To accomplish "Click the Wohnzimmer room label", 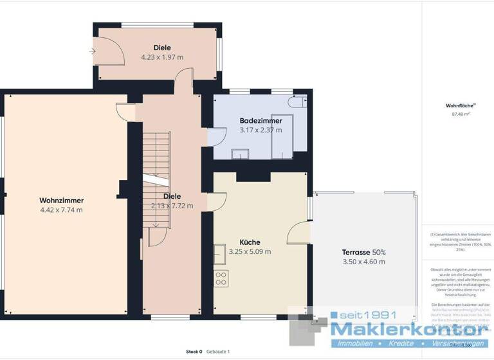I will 61,200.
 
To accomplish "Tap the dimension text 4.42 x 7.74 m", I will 61,210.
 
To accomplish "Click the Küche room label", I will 250,242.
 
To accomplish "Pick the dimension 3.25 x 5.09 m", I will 250,252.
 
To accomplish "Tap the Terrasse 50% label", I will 364,252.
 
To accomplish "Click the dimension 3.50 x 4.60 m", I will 364,262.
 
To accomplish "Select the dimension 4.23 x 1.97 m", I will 162,57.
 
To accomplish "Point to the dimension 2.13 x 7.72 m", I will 172,206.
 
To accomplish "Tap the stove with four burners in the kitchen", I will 221,278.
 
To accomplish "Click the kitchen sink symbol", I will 219,253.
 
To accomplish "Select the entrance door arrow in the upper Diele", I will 93,51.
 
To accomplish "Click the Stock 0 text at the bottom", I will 194,352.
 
